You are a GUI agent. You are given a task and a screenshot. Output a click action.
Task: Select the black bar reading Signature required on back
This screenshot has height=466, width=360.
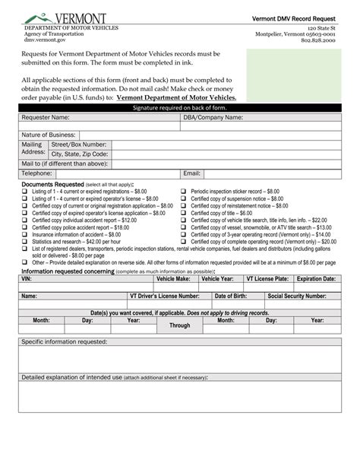click(180, 109)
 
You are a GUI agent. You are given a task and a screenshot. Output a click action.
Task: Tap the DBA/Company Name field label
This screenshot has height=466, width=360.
click(213, 118)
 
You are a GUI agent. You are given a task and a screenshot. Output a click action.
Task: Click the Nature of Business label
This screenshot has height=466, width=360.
click(49, 135)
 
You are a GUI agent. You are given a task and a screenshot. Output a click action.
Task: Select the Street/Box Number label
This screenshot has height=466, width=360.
click(78, 144)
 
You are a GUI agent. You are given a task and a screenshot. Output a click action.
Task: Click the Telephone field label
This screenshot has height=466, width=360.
click(37, 173)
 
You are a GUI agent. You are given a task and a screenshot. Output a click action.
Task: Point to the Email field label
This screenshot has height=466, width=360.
click(191, 173)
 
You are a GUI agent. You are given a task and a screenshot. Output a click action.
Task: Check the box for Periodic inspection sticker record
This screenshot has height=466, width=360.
click(184, 192)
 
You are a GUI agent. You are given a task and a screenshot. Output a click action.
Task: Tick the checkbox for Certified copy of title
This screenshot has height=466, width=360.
click(184, 214)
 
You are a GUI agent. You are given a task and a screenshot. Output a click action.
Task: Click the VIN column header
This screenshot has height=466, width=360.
click(27, 279)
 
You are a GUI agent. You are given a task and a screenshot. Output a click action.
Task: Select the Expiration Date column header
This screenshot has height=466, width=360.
click(316, 279)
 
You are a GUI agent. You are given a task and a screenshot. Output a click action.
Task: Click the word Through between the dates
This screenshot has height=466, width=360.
click(180, 325)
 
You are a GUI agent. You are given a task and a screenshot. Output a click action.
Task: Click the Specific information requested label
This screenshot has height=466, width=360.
click(65, 342)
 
